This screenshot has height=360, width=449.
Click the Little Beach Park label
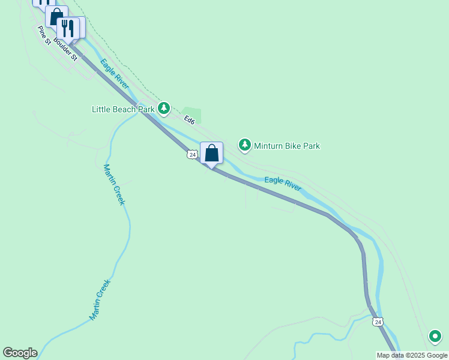pyautogui.click(x=123, y=109)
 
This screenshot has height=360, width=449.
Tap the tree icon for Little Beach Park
pyautogui.click(x=164, y=109)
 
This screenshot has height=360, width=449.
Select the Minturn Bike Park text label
pyautogui.click(x=286, y=146)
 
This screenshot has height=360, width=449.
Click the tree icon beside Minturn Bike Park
pyautogui.click(x=244, y=145)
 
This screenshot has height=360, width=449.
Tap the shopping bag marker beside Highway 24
pyautogui.click(x=211, y=152)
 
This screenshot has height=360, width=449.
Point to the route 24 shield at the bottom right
pyautogui.click(x=377, y=322)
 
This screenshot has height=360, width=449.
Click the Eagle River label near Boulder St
pyautogui.click(x=114, y=74)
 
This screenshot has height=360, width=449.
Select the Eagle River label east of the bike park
pyautogui.click(x=283, y=184)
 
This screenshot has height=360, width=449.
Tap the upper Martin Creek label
pyautogui.click(x=113, y=185)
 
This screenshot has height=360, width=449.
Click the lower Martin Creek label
pyautogui.click(x=100, y=300)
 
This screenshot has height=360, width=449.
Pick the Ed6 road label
pyautogui.click(x=190, y=120)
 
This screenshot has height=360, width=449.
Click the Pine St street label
pyautogui.click(x=43, y=35)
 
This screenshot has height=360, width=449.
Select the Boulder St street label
pyautogui.click(x=65, y=49)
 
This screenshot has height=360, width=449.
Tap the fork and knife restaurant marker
pyautogui.click(x=68, y=27)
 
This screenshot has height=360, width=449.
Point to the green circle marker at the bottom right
pyautogui.click(x=435, y=337)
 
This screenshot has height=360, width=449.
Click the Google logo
pyautogui.click(x=20, y=353)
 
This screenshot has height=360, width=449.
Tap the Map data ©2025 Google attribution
pyautogui.click(x=412, y=355)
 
